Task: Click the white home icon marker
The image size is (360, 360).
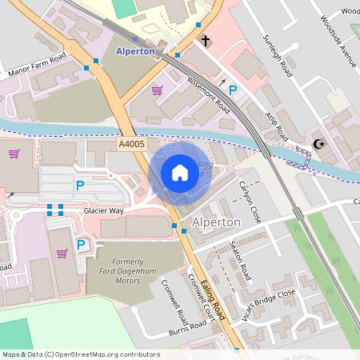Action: click(x=180, y=173)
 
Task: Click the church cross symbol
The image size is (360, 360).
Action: click(x=206, y=40)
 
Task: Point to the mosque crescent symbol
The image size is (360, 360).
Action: click(x=320, y=144)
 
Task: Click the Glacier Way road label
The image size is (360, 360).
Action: click(x=104, y=210)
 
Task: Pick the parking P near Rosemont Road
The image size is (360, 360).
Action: click(x=233, y=91)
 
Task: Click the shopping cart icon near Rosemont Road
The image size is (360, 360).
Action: click(x=157, y=90)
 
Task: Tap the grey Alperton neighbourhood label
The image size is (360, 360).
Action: click(x=216, y=222)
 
